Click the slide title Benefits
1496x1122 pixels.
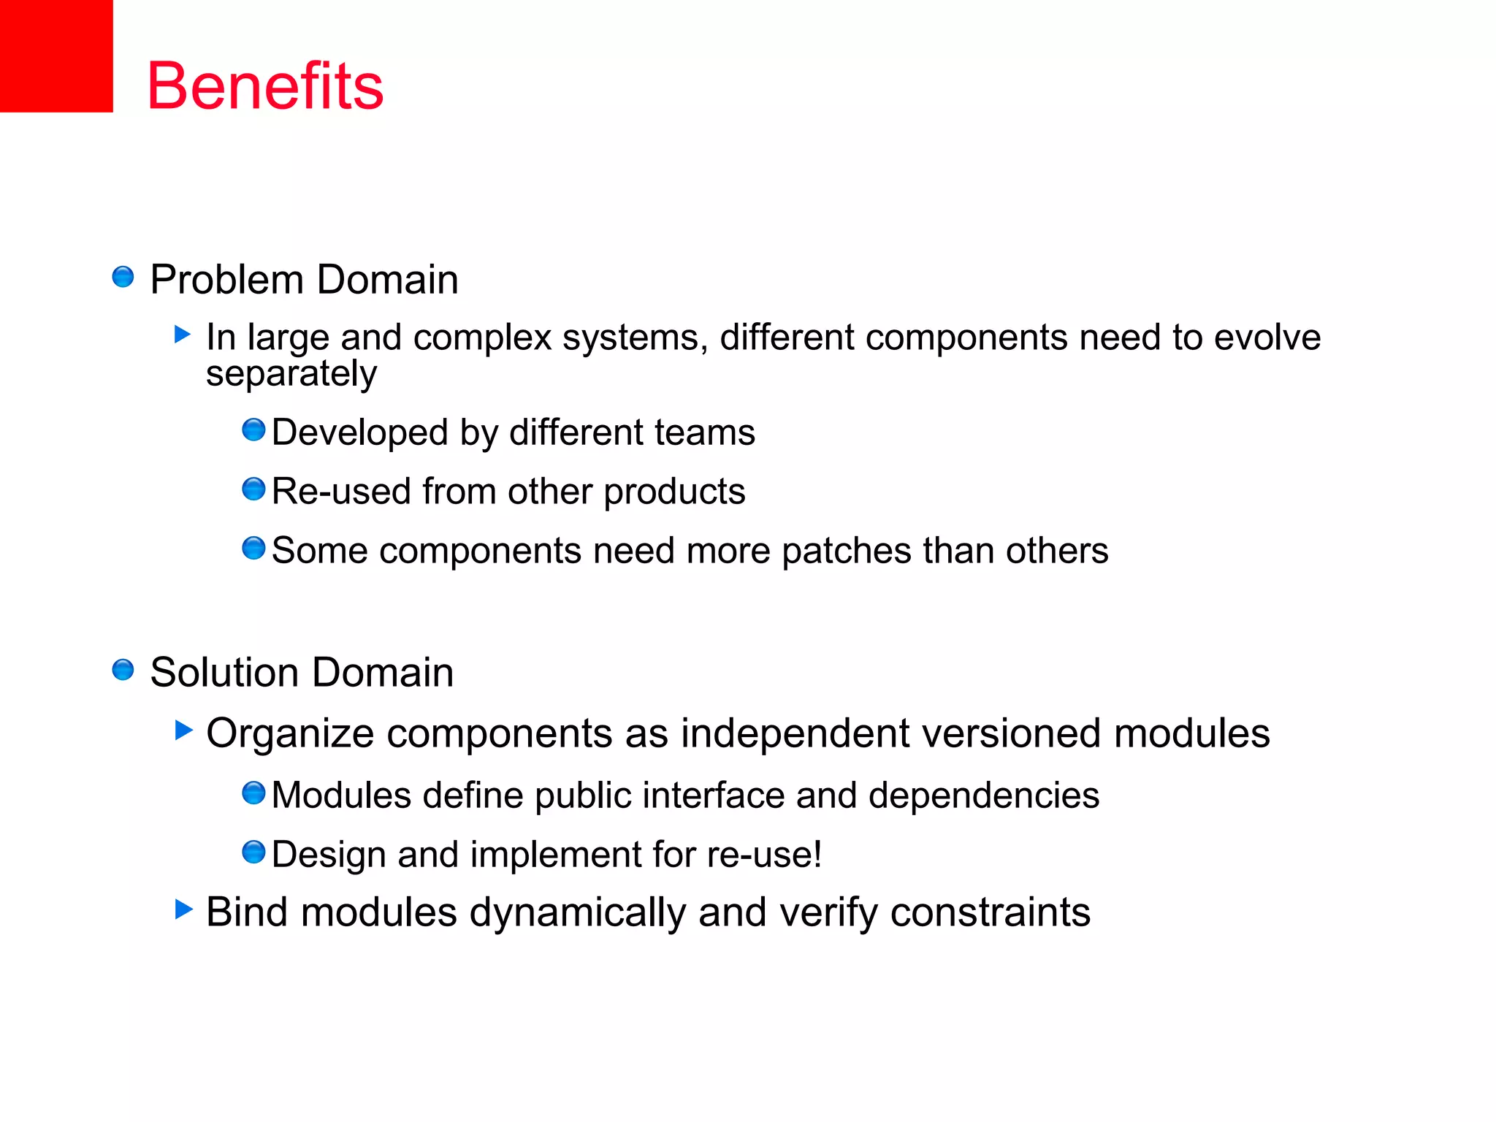point(265,86)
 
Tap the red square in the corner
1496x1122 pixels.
point(56,56)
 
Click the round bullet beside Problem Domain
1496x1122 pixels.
point(123,278)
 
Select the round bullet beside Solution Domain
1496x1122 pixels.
point(123,670)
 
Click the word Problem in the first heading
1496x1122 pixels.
point(226,280)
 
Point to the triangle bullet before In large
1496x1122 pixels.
point(183,335)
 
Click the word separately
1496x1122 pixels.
point(291,375)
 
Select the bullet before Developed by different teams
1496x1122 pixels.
point(253,430)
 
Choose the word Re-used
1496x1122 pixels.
point(341,491)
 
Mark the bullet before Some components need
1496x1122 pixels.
point(253,548)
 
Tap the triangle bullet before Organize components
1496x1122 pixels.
point(184,730)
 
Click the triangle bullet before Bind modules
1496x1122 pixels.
point(184,909)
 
